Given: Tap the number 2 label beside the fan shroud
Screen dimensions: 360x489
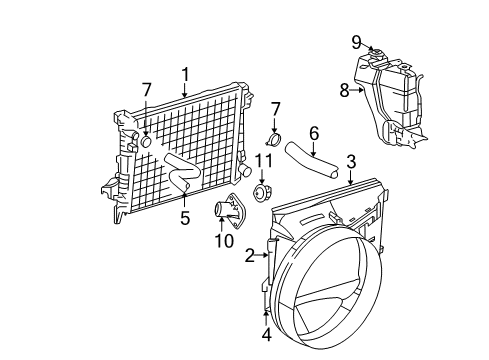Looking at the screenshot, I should [x=249, y=256].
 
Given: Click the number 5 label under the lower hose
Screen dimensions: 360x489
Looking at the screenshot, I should [x=185, y=217].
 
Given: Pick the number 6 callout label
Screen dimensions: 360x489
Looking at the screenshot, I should [x=313, y=132].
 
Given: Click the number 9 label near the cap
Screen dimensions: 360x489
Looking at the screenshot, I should [x=356, y=42].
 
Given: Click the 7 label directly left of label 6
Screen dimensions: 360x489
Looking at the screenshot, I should [x=277, y=107].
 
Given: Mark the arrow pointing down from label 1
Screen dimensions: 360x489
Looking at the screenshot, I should [x=185, y=91].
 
